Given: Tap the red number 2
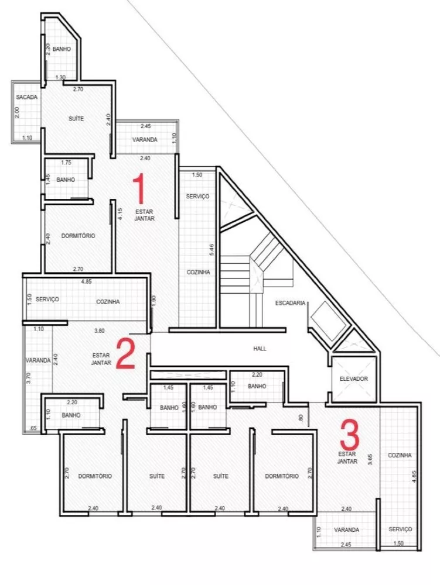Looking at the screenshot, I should (x=126, y=353).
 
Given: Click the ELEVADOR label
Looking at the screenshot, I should (x=353, y=379).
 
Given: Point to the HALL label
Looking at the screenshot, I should (x=260, y=349).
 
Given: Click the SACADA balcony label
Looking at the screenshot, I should (x=27, y=97).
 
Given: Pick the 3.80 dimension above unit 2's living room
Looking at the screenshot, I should (x=100, y=331).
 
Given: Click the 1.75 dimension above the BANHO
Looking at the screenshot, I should (x=66, y=163).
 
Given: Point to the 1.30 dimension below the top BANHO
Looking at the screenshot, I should (x=60, y=78).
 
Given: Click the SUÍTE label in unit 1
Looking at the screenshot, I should (x=76, y=119).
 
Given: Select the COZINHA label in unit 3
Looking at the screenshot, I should (x=400, y=455).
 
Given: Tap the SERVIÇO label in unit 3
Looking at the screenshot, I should (x=400, y=529).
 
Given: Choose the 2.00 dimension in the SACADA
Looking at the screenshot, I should (x=17, y=112).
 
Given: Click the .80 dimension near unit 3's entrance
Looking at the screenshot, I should (x=301, y=418).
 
